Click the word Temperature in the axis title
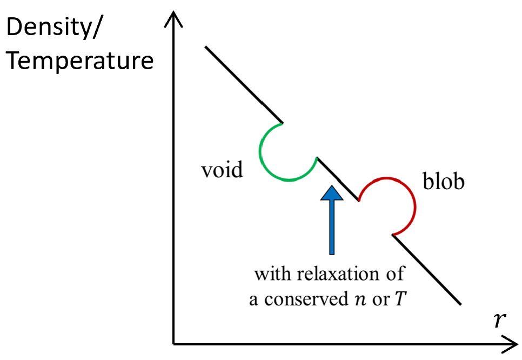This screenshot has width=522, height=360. pyautogui.click(x=80, y=61)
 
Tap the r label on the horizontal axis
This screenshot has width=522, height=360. pyautogui.click(x=500, y=320)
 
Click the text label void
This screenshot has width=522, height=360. pyautogui.click(x=222, y=170)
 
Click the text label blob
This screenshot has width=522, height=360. pyautogui.click(x=443, y=182)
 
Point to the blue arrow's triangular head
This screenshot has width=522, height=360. pyautogui.click(x=331, y=193)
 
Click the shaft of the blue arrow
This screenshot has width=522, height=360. pyautogui.click(x=331, y=227)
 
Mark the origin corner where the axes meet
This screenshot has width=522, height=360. pyautogui.click(x=174, y=343)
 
